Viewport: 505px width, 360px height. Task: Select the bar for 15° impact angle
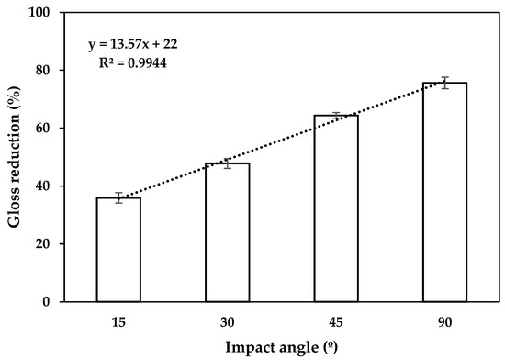point(118,250)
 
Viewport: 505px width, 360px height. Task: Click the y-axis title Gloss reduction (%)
point(17,156)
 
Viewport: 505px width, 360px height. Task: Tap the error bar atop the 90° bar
point(444,83)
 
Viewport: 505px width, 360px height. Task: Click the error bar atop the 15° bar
point(118,197)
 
